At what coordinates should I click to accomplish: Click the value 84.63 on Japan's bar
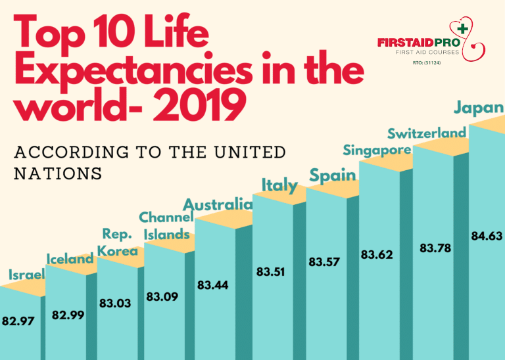click(487, 235)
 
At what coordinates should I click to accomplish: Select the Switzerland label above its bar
click(427, 133)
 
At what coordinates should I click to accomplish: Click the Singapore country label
click(377, 150)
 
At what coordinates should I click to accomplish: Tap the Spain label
click(333, 175)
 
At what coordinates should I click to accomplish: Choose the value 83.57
click(325, 262)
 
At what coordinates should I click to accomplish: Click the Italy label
click(279, 185)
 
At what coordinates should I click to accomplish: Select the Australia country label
click(218, 204)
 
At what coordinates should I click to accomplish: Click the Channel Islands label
click(166, 225)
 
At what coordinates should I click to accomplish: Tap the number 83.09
click(162, 297)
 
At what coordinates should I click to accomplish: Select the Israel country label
click(26, 275)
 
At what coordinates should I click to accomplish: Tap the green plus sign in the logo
click(463, 29)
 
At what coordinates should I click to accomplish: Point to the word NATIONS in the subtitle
click(58, 173)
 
